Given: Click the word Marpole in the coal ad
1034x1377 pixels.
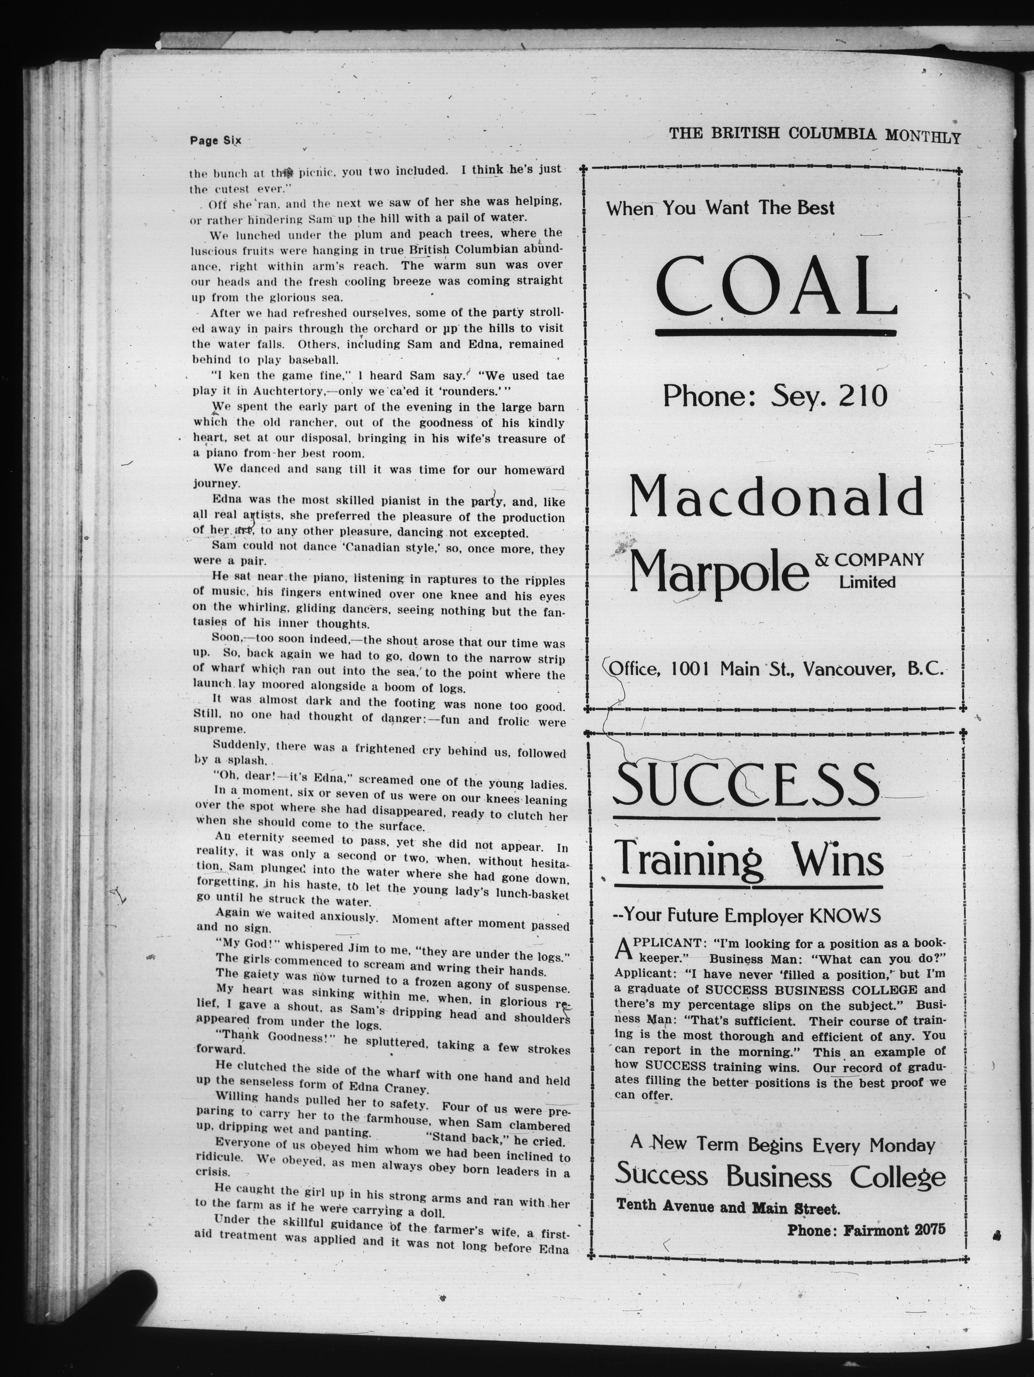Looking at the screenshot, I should [719, 571].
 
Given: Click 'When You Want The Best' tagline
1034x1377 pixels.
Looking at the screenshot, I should [720, 208].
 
